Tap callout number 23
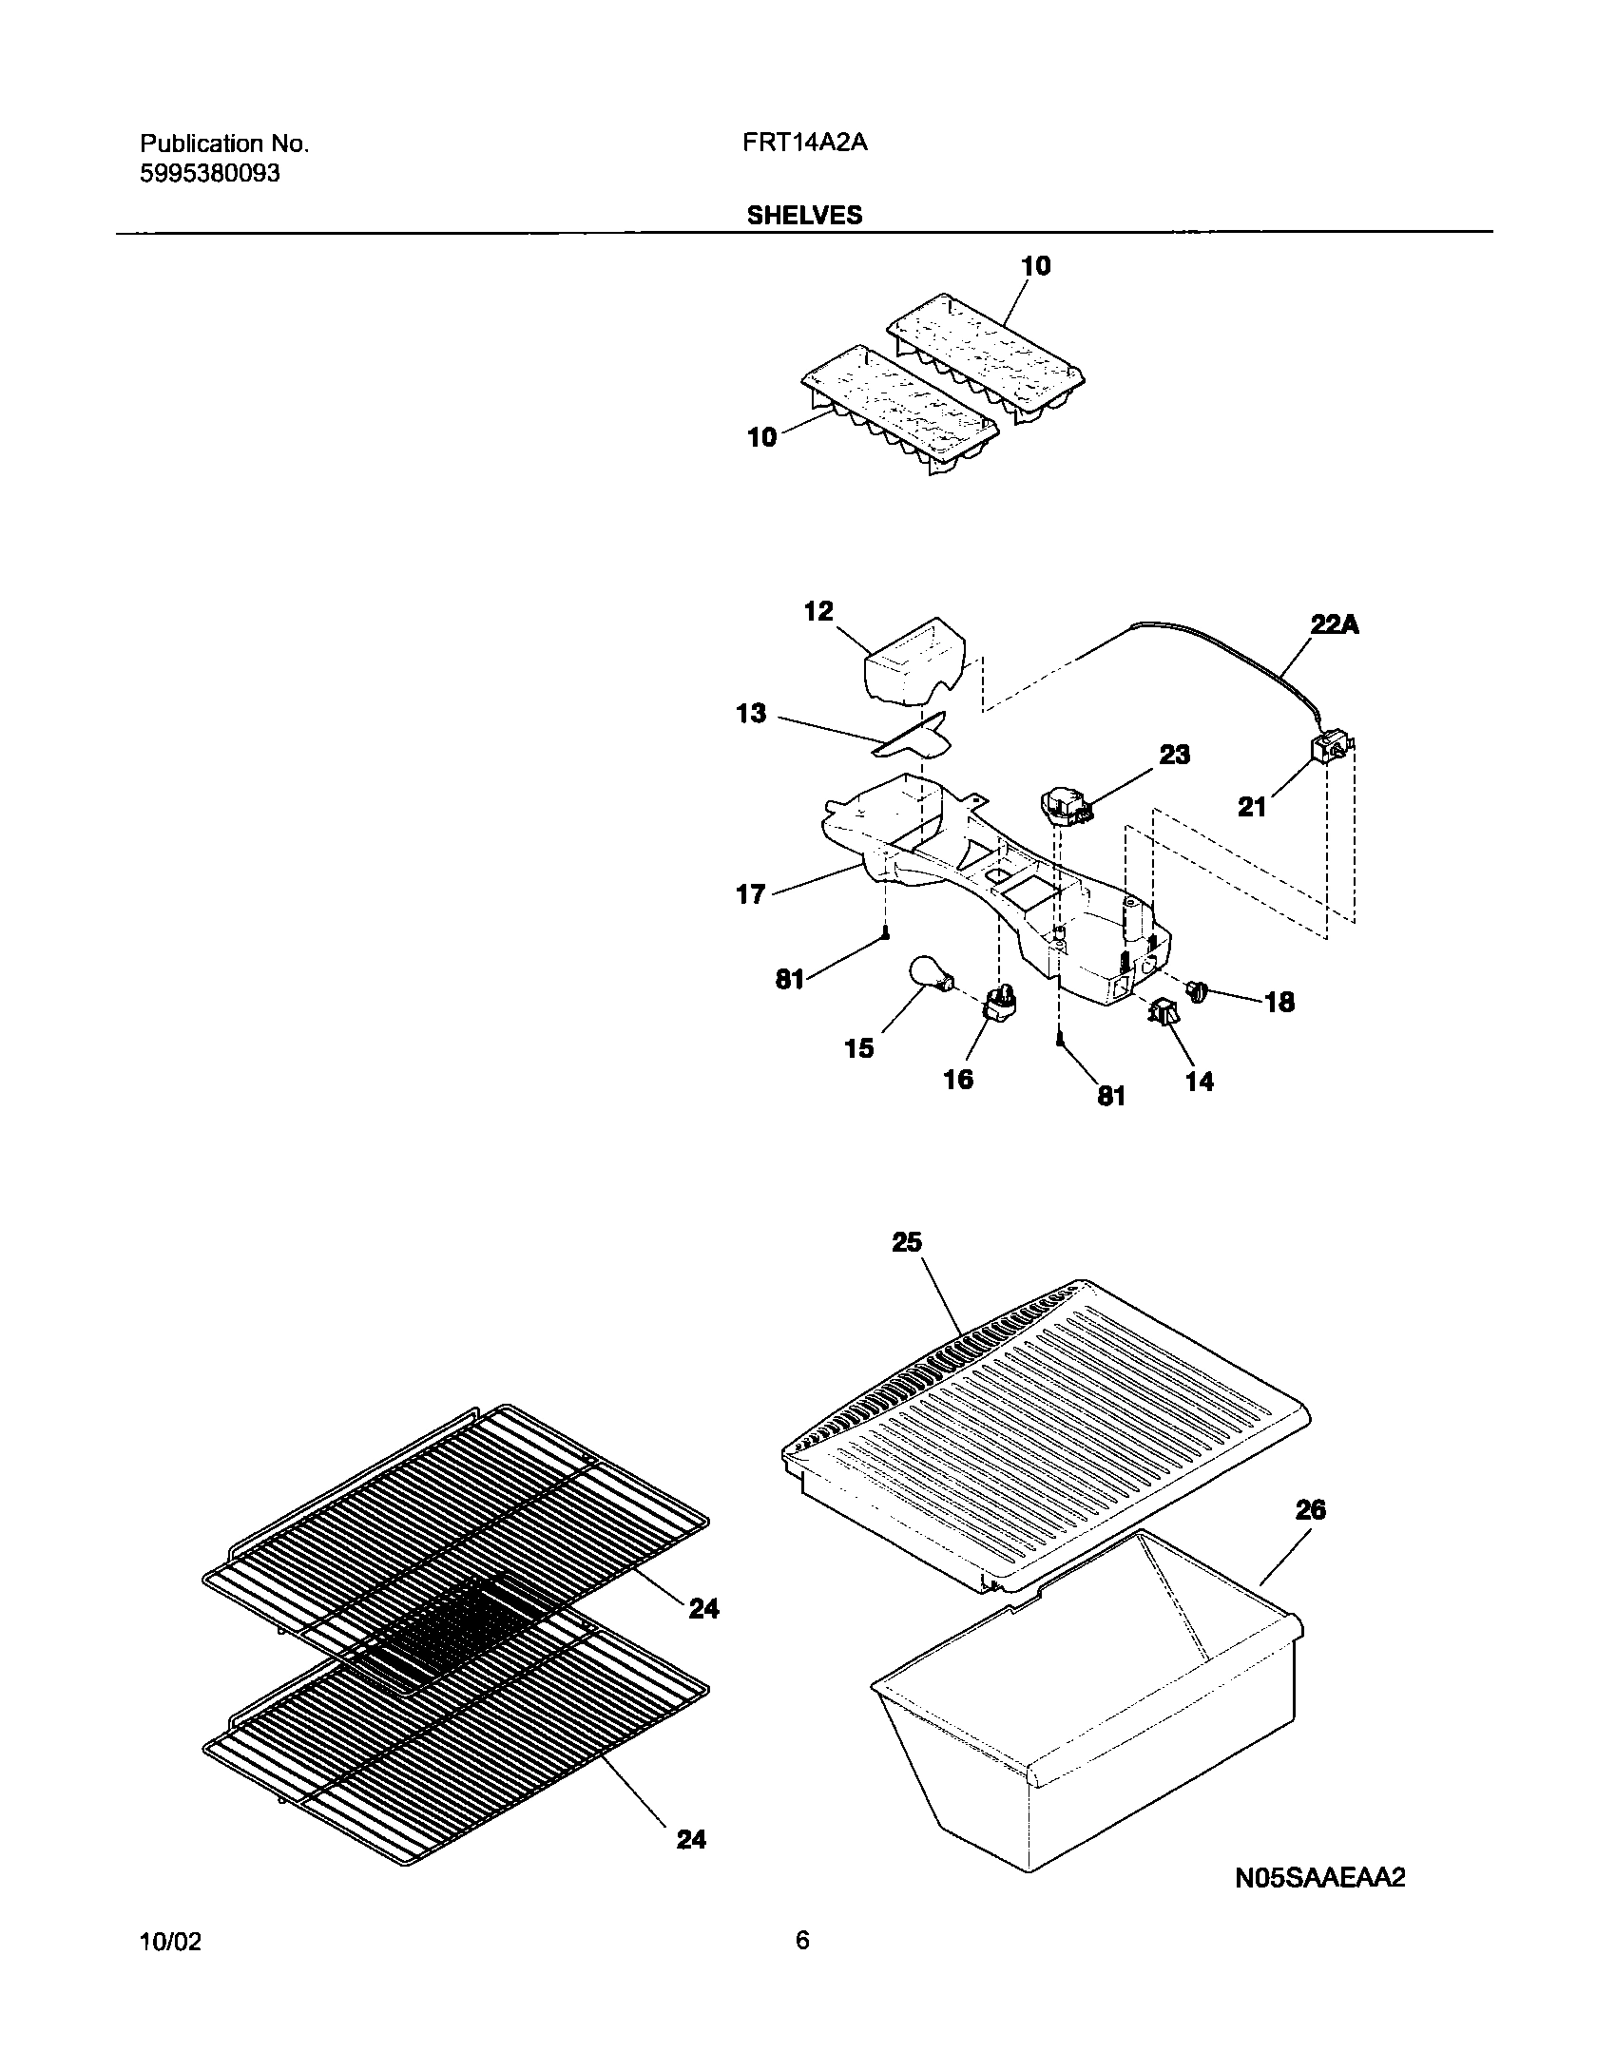pyautogui.click(x=1174, y=755)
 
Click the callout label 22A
pyautogui.click(x=1334, y=625)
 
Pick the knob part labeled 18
pyautogui.click(x=1196, y=993)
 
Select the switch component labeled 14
pyautogui.click(x=1164, y=1014)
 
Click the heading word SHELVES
pyautogui.click(x=804, y=216)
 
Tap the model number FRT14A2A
pyautogui.click(x=805, y=144)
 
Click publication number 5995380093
pyautogui.click(x=210, y=174)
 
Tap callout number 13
pyautogui.click(x=751, y=713)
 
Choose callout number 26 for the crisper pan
pyautogui.click(x=1310, y=1509)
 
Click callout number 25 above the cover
pyautogui.click(x=907, y=1242)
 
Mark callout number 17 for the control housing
pyautogui.click(x=750, y=893)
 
